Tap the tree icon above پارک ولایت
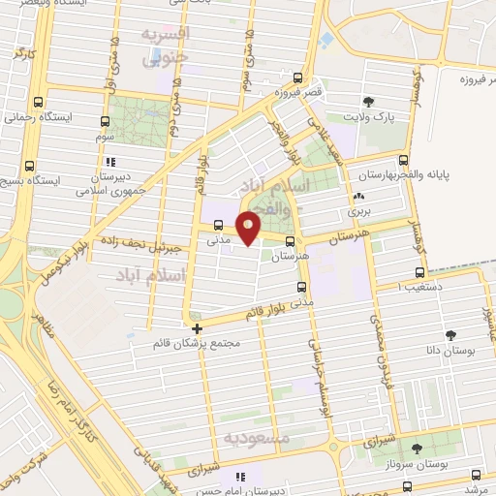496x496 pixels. (368, 101)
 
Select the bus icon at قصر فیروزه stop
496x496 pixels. (297, 79)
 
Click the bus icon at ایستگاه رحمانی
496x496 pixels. (39, 102)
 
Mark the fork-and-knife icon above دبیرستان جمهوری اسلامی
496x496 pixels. (110, 163)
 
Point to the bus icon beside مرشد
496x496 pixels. (476, 474)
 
